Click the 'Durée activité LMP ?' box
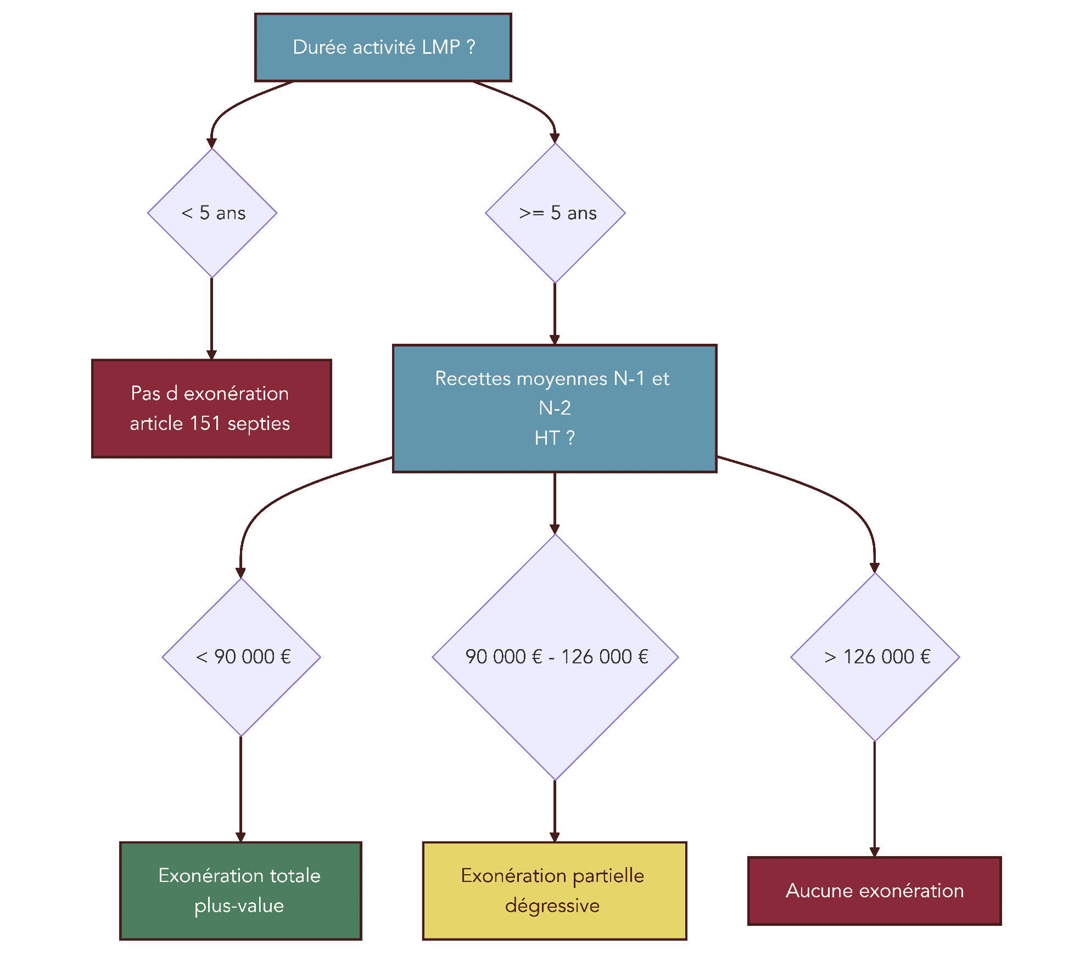(x=383, y=47)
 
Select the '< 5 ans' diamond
(x=212, y=213)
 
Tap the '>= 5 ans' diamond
(x=555, y=213)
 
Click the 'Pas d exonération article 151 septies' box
(x=211, y=409)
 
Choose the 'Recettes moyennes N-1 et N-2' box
(x=555, y=408)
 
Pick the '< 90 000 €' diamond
(x=241, y=657)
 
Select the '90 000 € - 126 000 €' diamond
(x=555, y=657)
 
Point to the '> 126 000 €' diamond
(x=875, y=657)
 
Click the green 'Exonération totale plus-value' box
(x=240, y=891)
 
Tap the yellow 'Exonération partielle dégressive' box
(x=555, y=891)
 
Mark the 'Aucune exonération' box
(x=874, y=891)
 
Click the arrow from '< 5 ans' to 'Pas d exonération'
(x=211, y=319)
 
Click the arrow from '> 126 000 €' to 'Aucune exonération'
(x=874, y=799)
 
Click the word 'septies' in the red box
(x=259, y=423)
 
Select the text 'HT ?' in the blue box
(x=555, y=438)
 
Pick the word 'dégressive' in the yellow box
(x=552, y=906)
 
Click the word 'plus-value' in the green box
(x=239, y=906)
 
